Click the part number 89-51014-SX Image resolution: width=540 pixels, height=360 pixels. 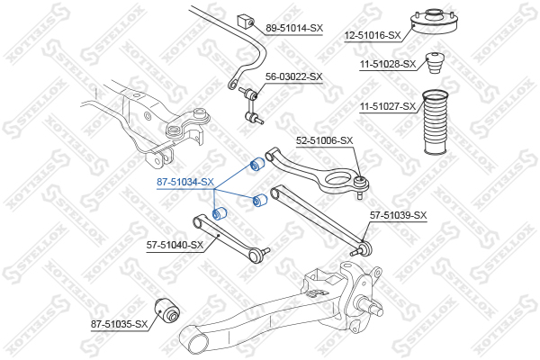point(293,28)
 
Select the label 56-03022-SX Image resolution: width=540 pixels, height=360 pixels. point(293,77)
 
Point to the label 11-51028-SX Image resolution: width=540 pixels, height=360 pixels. point(388,64)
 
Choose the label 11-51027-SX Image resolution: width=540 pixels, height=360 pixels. point(388,107)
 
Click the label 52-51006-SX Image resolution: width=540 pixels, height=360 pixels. point(325,140)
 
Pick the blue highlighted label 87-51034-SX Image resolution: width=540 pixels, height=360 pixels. point(184,182)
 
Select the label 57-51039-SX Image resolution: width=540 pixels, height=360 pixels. point(398,215)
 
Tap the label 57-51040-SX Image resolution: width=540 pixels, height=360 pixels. point(175,244)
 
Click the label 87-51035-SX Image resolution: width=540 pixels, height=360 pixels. point(118,323)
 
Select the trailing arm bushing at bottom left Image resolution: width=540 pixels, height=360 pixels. point(168,310)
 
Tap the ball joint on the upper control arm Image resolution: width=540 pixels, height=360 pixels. point(360,184)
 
